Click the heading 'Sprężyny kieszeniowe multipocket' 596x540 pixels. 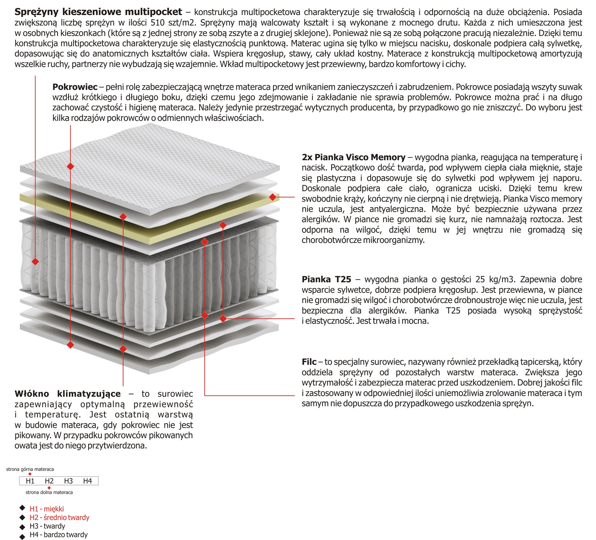click(x=98, y=12)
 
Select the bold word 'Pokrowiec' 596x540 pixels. click(x=75, y=87)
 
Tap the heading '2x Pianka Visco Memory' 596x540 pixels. click(x=353, y=157)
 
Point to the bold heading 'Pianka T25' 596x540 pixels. click(x=326, y=279)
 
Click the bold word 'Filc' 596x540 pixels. click(x=309, y=362)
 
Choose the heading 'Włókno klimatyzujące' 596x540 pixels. click(x=68, y=394)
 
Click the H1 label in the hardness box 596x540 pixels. click(x=30, y=481)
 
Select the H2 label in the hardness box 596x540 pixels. click(x=49, y=481)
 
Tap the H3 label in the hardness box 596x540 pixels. click(x=68, y=481)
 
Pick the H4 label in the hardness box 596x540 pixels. click(x=87, y=481)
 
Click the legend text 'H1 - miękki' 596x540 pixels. click(x=47, y=509)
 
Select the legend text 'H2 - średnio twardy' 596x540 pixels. click(x=59, y=517)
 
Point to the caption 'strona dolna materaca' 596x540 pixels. click(x=49, y=492)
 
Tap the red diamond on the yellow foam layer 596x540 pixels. click(x=272, y=197)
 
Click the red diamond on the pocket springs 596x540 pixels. click(x=35, y=262)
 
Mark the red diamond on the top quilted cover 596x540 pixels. click(x=70, y=166)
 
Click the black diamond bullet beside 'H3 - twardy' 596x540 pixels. click(x=22, y=527)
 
